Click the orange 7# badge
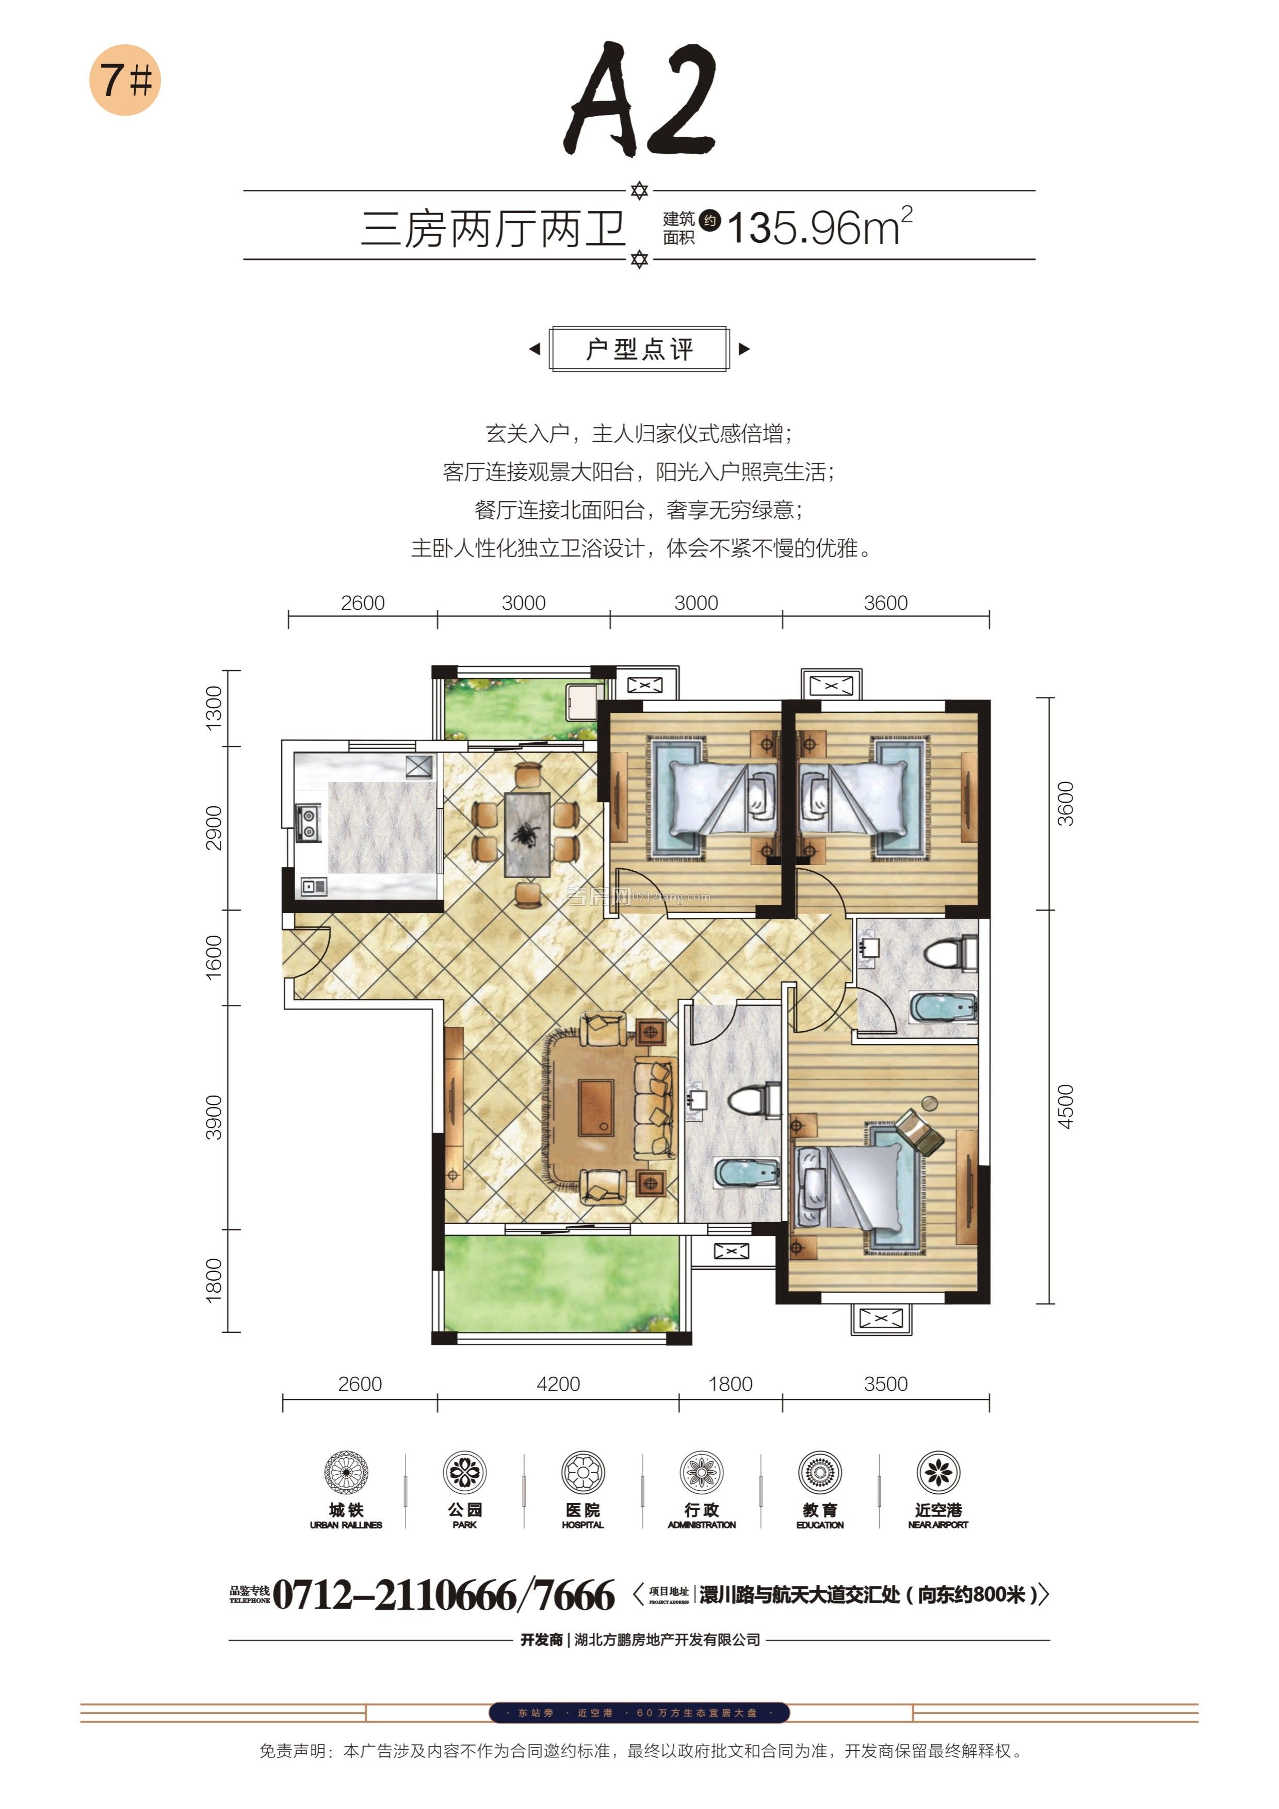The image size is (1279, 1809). [124, 79]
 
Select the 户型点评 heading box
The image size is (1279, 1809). [639, 348]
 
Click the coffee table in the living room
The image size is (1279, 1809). [596, 1105]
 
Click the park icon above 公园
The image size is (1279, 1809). [464, 1472]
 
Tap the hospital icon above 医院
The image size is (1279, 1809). [582, 1472]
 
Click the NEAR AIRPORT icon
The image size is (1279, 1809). [938, 1472]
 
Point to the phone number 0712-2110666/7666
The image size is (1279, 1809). [444, 1595]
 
